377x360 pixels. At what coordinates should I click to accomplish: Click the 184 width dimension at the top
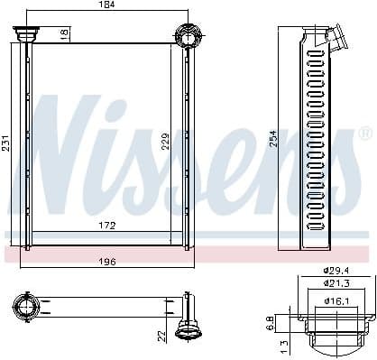point(106,6)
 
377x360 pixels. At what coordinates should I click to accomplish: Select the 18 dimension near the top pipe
point(63,33)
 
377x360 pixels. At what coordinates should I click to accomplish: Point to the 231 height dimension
point(6,143)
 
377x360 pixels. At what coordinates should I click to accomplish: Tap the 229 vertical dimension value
point(166,143)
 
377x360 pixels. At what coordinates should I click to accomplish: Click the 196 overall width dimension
point(106,263)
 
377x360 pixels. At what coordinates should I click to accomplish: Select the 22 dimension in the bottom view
point(162,335)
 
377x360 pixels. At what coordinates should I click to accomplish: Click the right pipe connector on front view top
point(188,36)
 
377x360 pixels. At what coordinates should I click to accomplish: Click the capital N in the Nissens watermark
point(63,144)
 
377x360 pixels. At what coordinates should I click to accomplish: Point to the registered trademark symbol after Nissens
point(364,134)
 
